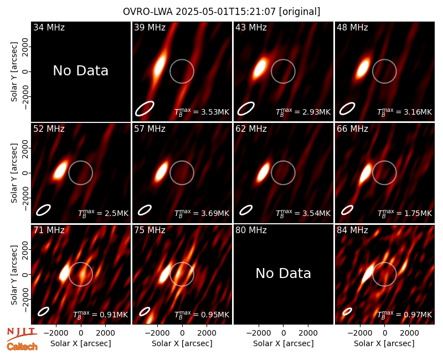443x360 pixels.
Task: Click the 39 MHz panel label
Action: click(x=150, y=27)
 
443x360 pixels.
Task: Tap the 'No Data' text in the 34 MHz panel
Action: click(x=80, y=71)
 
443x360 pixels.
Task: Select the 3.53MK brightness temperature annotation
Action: click(x=202, y=112)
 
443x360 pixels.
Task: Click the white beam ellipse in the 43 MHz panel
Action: click(x=246, y=109)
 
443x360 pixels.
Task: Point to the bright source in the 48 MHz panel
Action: click(x=363, y=68)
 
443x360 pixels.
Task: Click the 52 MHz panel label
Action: click(x=49, y=129)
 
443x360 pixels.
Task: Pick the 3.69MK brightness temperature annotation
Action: click(x=202, y=213)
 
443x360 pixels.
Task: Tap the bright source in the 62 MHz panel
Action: click(x=262, y=172)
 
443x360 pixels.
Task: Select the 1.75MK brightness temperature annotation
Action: click(x=405, y=213)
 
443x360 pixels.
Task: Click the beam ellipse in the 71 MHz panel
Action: click(x=44, y=311)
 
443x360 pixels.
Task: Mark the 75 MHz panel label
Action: click(x=150, y=230)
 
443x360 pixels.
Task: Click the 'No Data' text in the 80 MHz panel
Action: click(x=283, y=273)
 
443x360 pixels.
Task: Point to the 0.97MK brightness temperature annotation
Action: click(x=405, y=315)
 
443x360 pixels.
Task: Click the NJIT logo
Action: click(x=22, y=334)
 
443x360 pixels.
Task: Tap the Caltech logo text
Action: click(x=22, y=347)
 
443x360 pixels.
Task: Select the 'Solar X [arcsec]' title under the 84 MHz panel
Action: click(x=384, y=343)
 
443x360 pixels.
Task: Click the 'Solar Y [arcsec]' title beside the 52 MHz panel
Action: click(x=14, y=173)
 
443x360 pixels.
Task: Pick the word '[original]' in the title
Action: click(x=300, y=12)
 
